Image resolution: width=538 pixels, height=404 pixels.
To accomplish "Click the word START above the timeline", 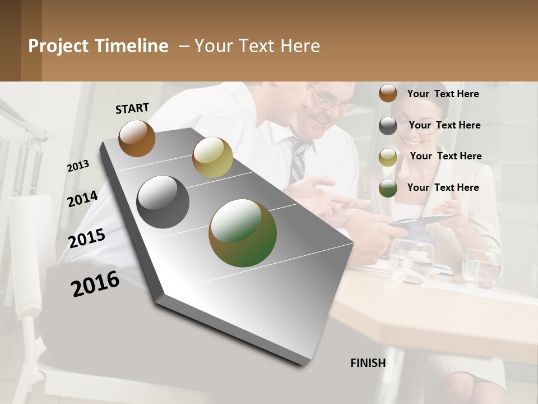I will [132, 108].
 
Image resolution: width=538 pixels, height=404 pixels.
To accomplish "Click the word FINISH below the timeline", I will [368, 363].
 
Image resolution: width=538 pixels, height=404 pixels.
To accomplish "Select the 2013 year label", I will [78, 166].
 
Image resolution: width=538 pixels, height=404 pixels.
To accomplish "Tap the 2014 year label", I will [82, 199].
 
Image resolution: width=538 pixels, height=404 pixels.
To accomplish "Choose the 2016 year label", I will [95, 284].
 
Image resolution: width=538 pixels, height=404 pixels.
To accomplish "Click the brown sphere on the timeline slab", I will [137, 138].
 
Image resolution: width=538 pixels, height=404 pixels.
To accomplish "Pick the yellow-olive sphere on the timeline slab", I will [212, 157].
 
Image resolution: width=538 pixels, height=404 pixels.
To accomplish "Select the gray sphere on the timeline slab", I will [163, 202].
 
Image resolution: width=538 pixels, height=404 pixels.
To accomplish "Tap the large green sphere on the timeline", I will [243, 233].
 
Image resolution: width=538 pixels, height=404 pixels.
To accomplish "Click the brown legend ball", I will [388, 93].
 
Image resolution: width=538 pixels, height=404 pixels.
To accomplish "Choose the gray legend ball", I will [388, 126].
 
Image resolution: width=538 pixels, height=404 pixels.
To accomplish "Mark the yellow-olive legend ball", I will [388, 157].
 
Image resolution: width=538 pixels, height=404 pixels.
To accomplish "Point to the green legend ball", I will [388, 188].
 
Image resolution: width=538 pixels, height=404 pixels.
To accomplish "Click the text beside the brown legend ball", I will [443, 94].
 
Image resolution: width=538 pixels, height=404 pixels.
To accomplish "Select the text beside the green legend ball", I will [443, 187].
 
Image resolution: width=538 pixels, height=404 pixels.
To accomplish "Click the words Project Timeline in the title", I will [98, 46].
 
